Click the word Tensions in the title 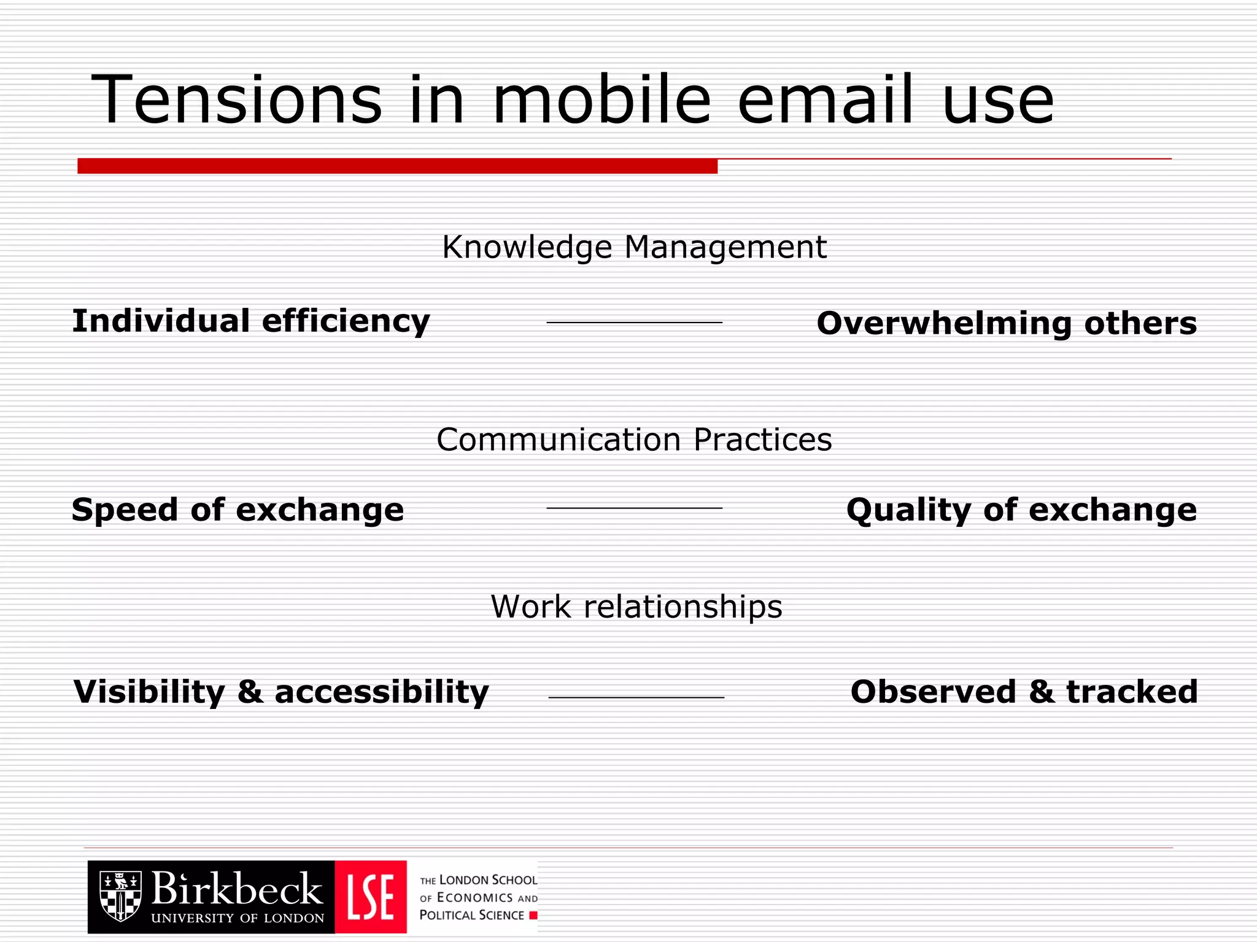click(237, 100)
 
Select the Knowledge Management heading click(634, 247)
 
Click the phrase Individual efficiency click(251, 321)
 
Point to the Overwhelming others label click(1007, 323)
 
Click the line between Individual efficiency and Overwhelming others click(634, 323)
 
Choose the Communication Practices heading click(634, 440)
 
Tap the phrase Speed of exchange click(238, 510)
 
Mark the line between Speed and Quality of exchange click(634, 508)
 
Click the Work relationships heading click(636, 607)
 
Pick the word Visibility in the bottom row click(149, 692)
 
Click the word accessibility click(381, 692)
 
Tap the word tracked click(1132, 692)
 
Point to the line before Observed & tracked click(636, 698)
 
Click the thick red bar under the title click(397, 166)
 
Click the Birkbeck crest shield click(120, 896)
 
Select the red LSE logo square click(371, 897)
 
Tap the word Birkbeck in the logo click(236, 889)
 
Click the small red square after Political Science click(533, 916)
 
